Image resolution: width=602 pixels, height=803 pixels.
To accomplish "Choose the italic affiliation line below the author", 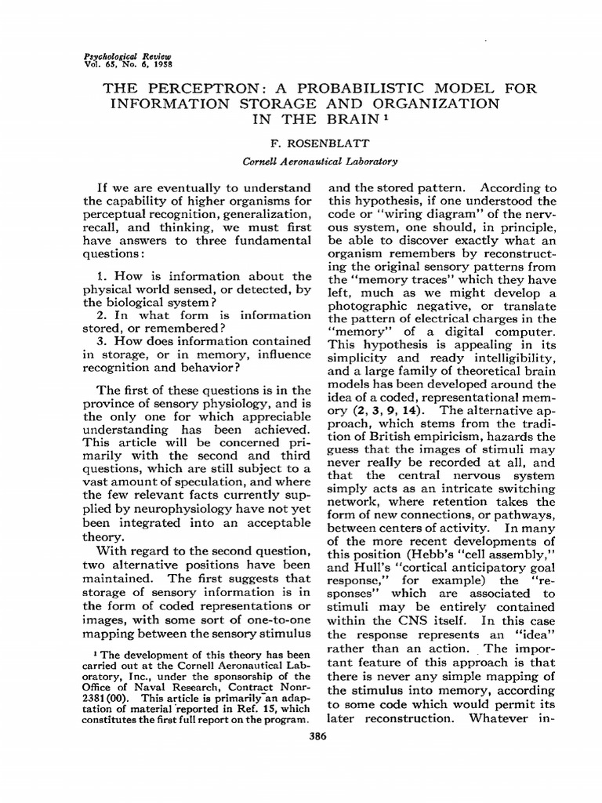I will (321, 162).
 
